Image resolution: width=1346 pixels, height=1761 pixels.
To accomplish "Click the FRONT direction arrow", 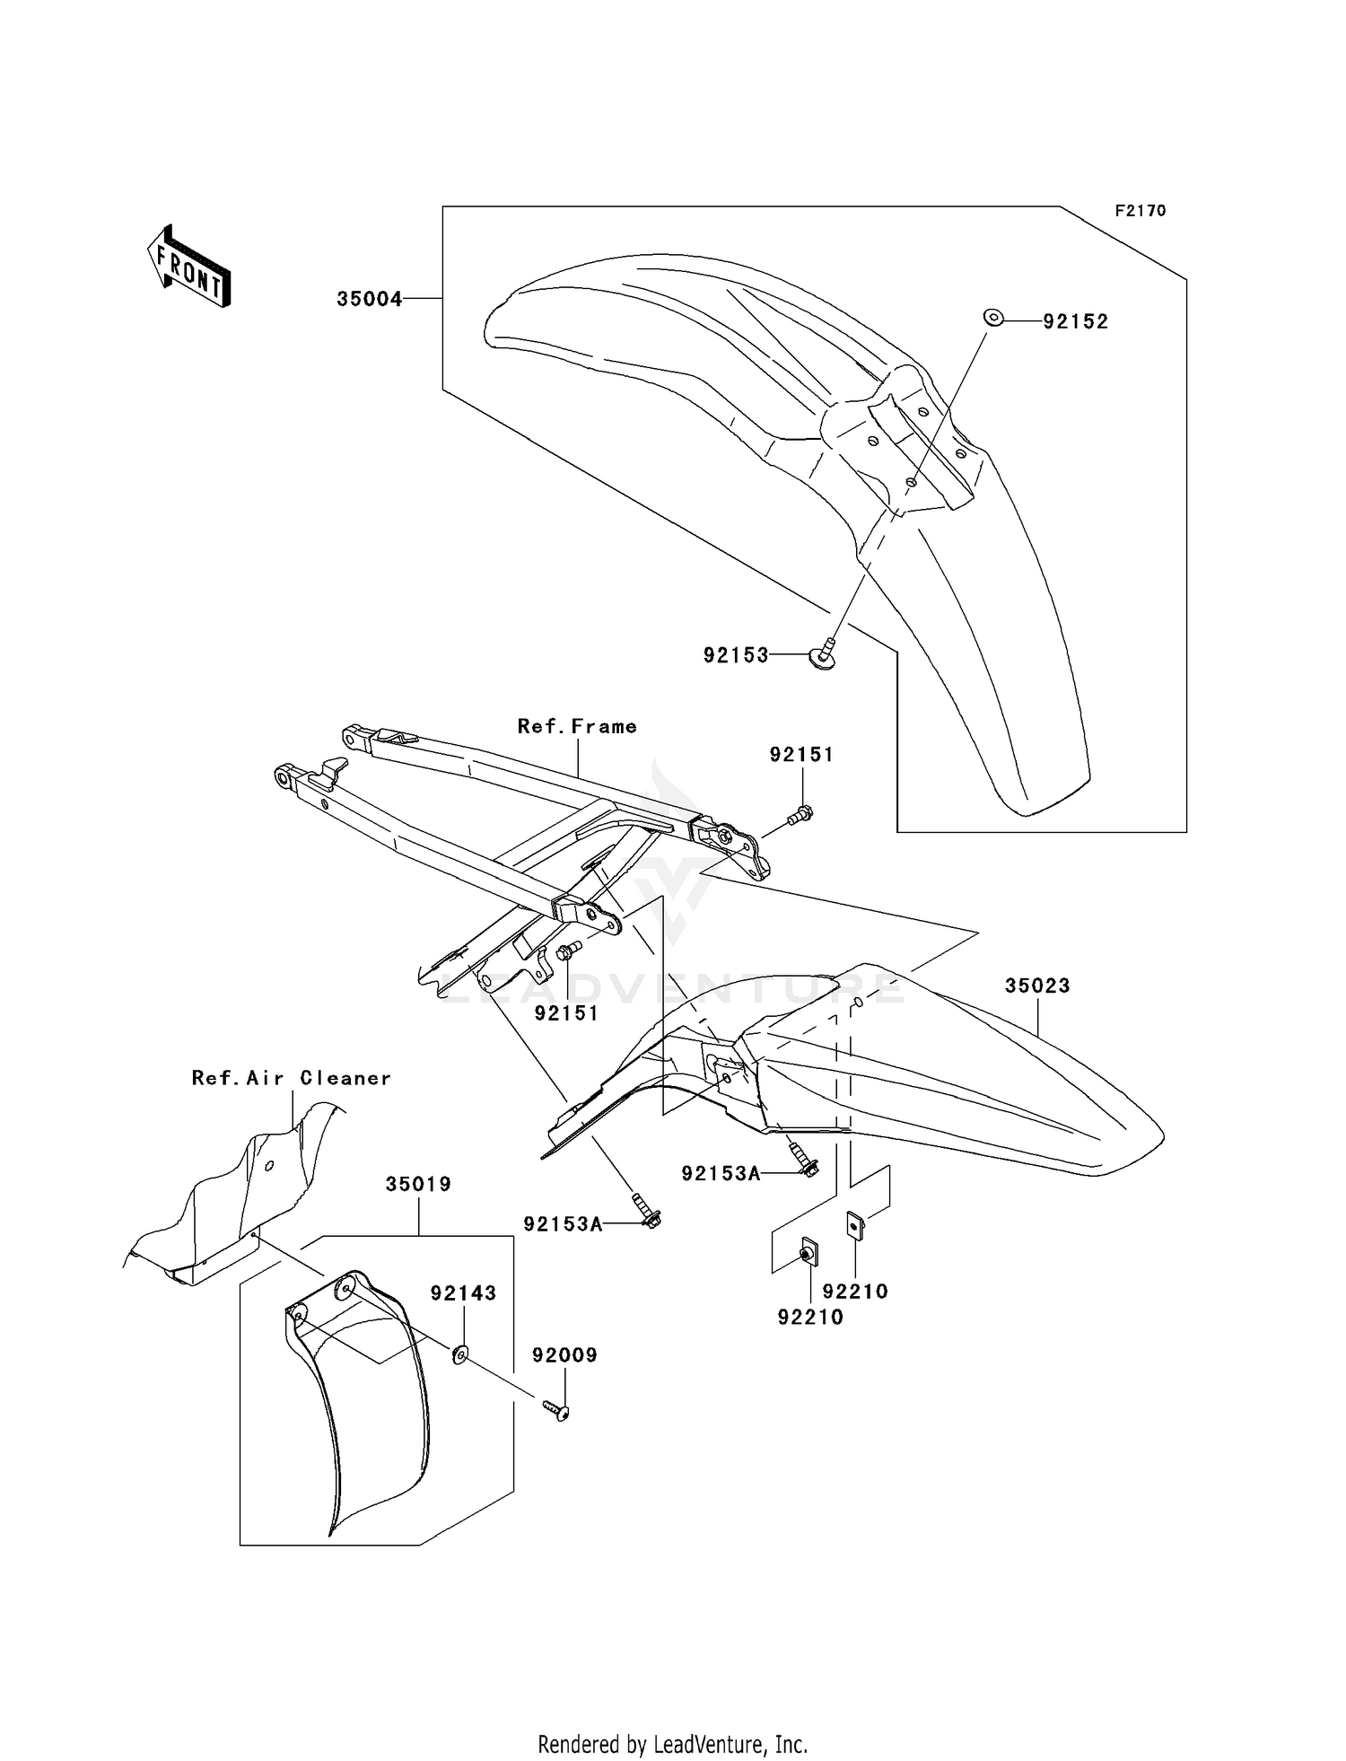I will pos(189,267).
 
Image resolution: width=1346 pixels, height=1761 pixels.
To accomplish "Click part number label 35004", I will pos(369,299).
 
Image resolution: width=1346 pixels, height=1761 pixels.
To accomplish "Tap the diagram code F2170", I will pos(1140,211).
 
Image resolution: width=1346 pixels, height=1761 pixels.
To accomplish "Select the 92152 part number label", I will pos(1075,321).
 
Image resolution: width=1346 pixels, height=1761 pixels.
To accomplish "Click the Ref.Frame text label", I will pos(577,726).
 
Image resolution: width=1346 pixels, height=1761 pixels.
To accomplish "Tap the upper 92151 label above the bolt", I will pos(801,755).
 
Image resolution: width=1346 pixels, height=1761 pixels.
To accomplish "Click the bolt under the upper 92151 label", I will pos(801,815).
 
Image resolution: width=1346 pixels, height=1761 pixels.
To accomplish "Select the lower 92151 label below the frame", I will pos(566,1013).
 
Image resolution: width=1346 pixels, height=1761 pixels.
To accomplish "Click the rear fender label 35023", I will pos(1037,986).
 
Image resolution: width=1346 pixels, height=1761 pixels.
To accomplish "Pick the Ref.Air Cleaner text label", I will pos(292,1078).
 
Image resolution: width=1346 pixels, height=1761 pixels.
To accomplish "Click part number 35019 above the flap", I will pos(418,1184).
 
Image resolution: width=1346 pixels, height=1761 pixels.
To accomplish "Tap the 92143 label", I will pos(463,1293).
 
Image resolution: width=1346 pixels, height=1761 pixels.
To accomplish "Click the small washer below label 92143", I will pos(459,1354).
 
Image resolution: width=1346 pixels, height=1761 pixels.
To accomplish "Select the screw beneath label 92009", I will pos(558,1412).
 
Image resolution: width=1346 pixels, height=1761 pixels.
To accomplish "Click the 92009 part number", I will pos(564,1355).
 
